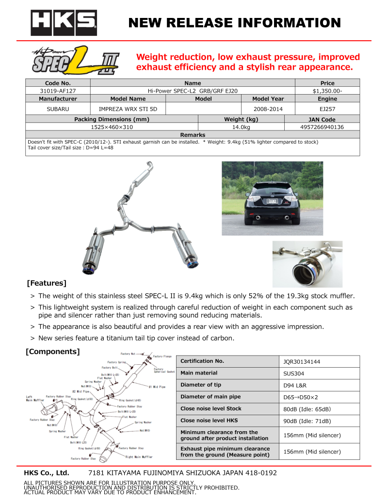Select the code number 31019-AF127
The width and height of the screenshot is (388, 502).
[x=58, y=90]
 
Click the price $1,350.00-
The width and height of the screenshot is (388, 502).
[x=327, y=90]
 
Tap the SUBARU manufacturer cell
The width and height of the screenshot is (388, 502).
[x=58, y=109]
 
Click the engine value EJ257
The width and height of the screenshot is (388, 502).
[x=327, y=109]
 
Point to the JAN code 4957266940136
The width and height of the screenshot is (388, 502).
[x=322, y=127]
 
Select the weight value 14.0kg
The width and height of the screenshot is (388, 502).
[x=241, y=127]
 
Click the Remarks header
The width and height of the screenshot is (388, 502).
[x=193, y=135]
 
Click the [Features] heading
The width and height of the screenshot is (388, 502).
[x=47, y=283]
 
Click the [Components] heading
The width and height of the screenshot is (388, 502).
[x=52, y=351]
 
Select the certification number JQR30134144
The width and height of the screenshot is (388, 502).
[x=302, y=362]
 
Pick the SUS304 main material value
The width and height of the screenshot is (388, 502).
[x=294, y=374]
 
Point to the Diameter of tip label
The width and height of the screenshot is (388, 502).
[x=201, y=385]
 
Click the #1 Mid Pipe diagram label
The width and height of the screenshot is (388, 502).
[x=157, y=387]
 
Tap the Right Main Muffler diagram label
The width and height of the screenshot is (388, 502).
[x=139, y=456]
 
